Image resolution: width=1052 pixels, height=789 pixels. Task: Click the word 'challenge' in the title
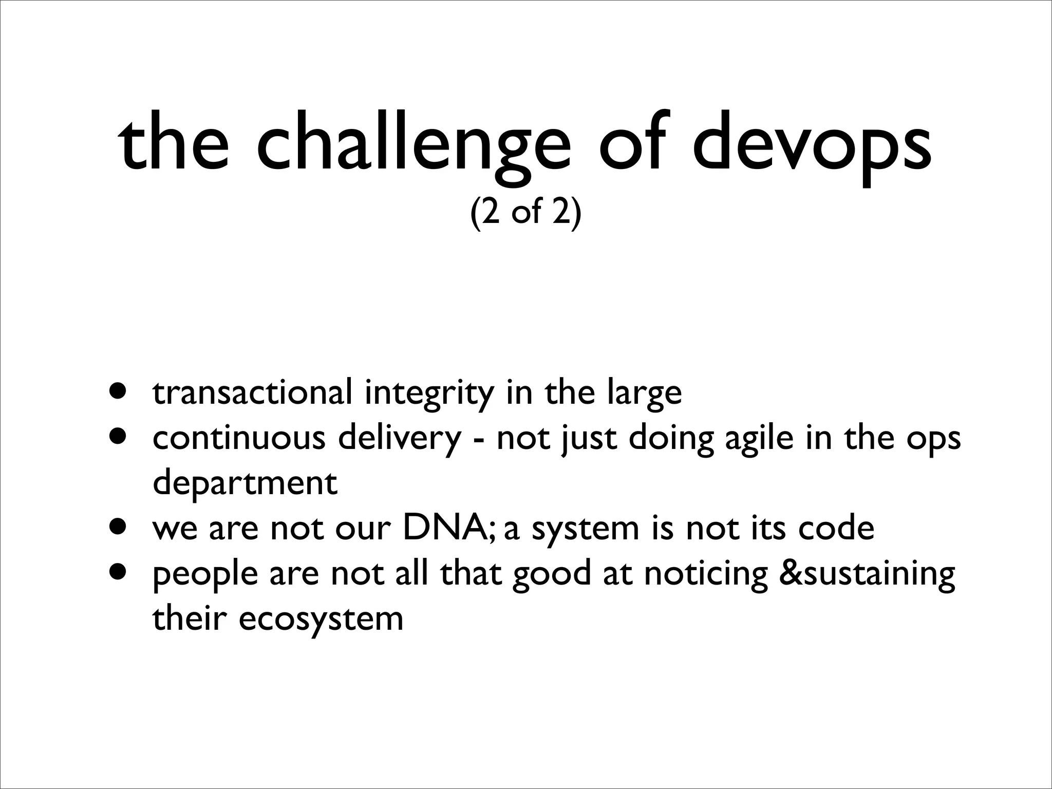click(x=414, y=145)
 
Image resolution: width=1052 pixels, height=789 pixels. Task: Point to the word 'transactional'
click(x=253, y=392)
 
